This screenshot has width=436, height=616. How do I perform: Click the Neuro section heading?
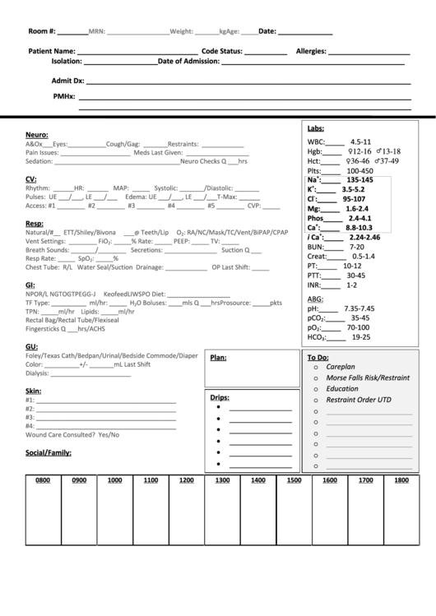coord(36,134)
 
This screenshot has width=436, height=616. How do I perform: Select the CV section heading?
coord(30,178)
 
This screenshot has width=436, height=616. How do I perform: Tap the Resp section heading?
coord(34,223)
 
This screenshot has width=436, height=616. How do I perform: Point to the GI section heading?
coord(30,284)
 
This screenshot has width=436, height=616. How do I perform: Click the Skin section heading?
coord(33,390)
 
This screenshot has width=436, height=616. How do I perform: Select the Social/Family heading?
coord(48,452)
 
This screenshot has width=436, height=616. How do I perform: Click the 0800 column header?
coord(43,480)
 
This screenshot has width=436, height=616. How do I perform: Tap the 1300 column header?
coord(222,480)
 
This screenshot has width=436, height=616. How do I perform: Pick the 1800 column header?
coord(401,480)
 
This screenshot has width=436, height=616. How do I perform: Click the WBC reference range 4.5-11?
coord(360,141)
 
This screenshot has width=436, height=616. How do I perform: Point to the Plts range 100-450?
coord(359,171)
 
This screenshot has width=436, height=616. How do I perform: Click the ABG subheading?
coord(315,298)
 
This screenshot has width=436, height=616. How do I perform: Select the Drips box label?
coord(220,397)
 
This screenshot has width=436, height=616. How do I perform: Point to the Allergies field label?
coord(311,51)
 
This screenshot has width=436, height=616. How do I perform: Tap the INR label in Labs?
coord(314,285)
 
